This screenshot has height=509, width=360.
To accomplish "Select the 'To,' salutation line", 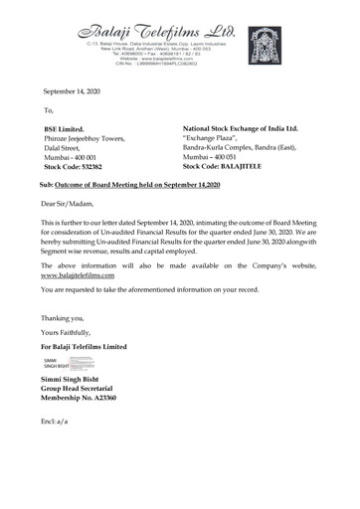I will [49, 109].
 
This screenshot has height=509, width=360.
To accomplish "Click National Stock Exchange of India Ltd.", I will [240, 129].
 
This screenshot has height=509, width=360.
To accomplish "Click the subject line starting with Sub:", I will [129, 186].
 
